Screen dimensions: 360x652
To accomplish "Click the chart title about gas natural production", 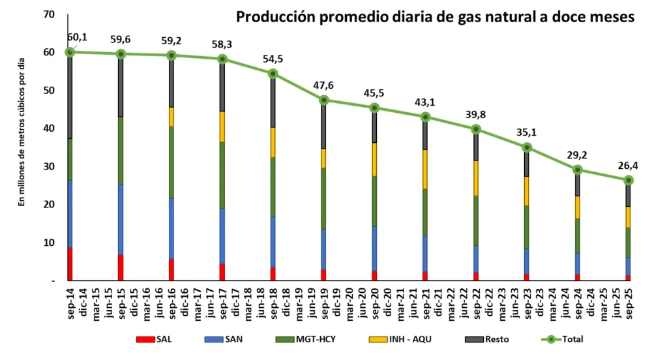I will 435,16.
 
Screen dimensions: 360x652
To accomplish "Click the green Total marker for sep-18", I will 273,73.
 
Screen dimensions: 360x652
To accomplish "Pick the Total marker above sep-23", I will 527,147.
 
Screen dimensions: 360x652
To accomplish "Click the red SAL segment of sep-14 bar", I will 70,263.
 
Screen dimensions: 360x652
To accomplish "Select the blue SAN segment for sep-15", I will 121,219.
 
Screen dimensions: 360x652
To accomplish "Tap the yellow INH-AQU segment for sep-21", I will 426,169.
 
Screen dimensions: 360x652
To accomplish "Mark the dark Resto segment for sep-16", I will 171,81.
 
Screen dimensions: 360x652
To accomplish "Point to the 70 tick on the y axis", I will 48,14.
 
